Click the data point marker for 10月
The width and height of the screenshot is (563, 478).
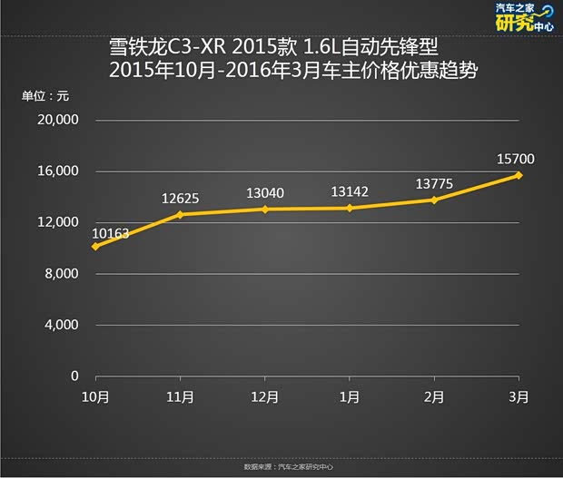[x=95, y=246]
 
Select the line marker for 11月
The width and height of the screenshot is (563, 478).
[x=180, y=215]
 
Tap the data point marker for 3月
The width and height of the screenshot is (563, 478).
[x=519, y=175]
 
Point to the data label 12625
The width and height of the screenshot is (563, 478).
[x=180, y=199]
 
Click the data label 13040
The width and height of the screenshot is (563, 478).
[x=264, y=193]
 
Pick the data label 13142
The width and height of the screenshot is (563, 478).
[x=350, y=191]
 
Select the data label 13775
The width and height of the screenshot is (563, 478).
[x=434, y=183]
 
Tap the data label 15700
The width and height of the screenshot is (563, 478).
[x=516, y=160]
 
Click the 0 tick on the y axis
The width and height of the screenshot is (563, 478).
[x=75, y=376]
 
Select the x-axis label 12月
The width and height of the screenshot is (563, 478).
[x=264, y=397]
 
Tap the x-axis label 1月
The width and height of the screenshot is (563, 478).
[x=350, y=397]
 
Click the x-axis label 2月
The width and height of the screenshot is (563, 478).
[x=434, y=397]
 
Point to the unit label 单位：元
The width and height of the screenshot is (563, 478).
[x=45, y=95]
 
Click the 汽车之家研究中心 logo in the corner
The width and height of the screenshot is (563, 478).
[x=522, y=18]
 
